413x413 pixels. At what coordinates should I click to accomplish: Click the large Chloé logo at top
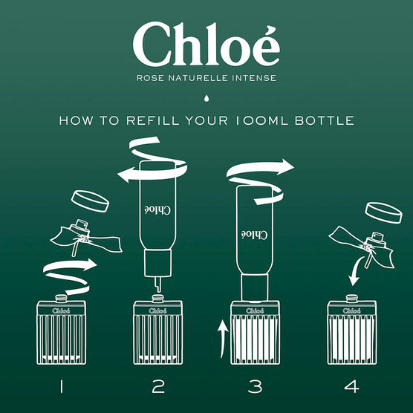206,45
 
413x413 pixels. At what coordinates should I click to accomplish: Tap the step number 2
157,386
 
